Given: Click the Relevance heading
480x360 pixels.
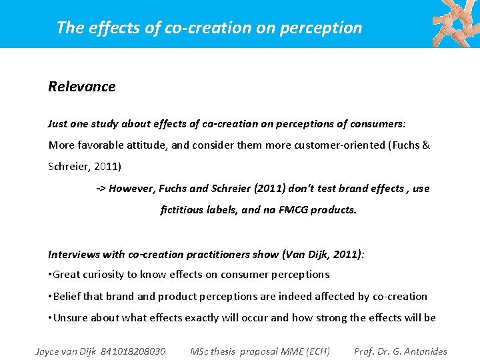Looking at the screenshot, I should click(81, 87).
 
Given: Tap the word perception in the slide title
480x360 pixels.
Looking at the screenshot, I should click(328, 28).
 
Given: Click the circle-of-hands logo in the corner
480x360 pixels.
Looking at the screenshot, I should click(455, 23).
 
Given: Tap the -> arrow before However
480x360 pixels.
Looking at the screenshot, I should click(101, 189).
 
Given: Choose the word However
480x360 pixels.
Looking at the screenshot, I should click(133, 189).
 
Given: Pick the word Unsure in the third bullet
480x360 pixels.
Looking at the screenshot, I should click(70, 317).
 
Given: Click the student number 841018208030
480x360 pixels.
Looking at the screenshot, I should click(133, 351).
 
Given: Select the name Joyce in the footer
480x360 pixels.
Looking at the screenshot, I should click(49, 351).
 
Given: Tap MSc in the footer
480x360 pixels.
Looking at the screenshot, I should click(200, 351).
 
